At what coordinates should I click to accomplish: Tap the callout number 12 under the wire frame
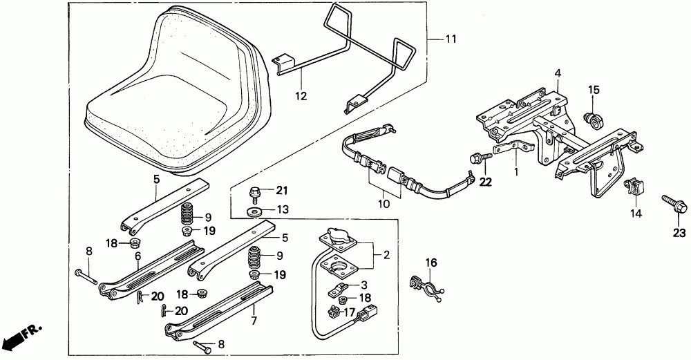[301, 96]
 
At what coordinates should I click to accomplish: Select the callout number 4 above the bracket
[558, 73]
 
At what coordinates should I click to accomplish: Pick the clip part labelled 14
[633, 186]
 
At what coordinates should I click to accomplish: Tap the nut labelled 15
[592, 120]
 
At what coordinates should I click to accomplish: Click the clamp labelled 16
[425, 287]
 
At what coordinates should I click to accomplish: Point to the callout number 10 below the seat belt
[384, 204]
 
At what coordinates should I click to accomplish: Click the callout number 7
[254, 321]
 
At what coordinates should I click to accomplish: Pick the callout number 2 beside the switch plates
[386, 256]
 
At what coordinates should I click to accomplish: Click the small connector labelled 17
[335, 312]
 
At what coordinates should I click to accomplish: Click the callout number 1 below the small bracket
[516, 170]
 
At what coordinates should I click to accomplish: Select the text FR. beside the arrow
[32, 332]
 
